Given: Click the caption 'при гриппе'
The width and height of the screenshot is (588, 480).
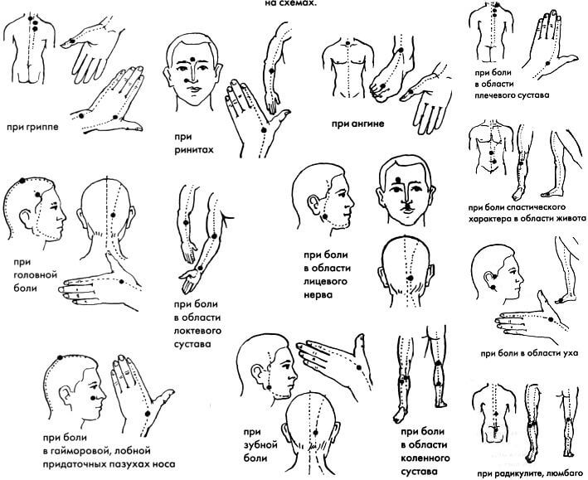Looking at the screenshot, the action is point(33,127).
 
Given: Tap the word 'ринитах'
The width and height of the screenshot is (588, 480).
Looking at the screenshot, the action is point(193,149).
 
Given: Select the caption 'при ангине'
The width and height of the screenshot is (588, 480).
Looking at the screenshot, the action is point(357,124).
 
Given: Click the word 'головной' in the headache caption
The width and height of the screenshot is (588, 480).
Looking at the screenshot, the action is point(36,275).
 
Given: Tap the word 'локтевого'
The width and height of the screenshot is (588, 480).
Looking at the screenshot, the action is point(197,331).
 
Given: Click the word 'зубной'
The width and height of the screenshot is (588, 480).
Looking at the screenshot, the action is point(260,445).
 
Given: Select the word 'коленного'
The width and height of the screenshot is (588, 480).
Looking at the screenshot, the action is point(425,458).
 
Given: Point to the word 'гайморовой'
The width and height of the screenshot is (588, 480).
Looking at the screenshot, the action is point(81,451).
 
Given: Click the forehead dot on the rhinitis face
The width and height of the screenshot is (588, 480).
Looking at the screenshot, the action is point(192,59).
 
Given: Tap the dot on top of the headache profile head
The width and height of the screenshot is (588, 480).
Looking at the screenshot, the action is point(22,181).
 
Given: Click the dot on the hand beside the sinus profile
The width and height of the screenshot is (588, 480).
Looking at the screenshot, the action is point(148,413).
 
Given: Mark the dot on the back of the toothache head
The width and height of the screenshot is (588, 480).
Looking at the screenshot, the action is point(316,431).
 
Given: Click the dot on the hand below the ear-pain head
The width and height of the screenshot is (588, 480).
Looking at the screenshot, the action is point(551,319).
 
